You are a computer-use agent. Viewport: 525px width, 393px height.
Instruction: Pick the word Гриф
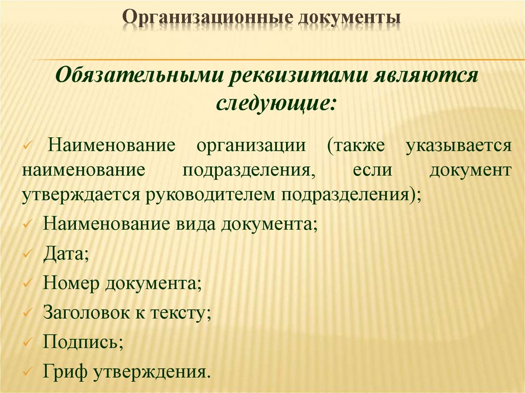65,370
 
